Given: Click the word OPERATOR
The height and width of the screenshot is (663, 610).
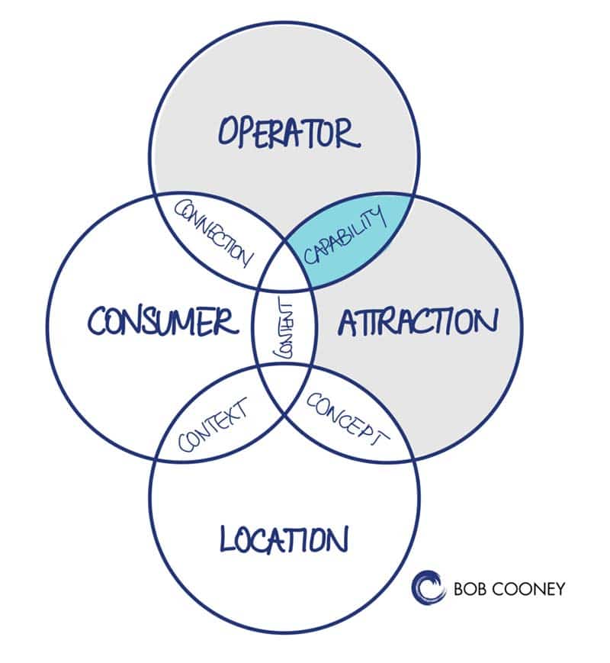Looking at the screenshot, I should click(287, 133).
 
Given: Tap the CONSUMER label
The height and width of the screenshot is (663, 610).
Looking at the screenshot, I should click(162, 320).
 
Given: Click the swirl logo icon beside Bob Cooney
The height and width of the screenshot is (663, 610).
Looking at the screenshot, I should click(429, 587).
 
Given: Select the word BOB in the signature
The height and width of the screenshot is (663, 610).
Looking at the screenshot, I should click(470, 589).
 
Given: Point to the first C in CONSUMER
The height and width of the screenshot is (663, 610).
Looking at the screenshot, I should click(97, 322).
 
